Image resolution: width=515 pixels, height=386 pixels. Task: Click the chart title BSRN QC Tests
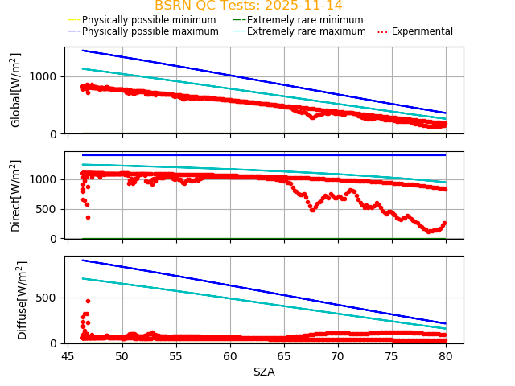pyautogui.click(x=212, y=6)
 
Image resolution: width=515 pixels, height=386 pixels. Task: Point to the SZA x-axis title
pyautogui.click(x=264, y=372)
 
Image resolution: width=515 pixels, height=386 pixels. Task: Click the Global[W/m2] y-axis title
pyautogui.click(x=16, y=90)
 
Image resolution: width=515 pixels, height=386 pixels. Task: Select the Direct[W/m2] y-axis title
pyautogui.click(x=16, y=195)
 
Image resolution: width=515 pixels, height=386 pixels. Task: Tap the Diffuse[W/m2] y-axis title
pyautogui.click(x=23, y=300)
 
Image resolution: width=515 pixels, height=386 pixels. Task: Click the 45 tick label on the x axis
pyautogui.click(x=68, y=355)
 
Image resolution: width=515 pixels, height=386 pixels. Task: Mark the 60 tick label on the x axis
pyautogui.click(x=230, y=355)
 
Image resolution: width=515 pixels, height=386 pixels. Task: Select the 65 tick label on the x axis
pyautogui.click(x=284, y=355)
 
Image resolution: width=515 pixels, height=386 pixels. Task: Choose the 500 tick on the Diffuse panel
pyautogui.click(x=50, y=298)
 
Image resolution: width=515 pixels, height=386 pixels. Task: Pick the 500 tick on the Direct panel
pyautogui.click(x=50, y=209)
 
